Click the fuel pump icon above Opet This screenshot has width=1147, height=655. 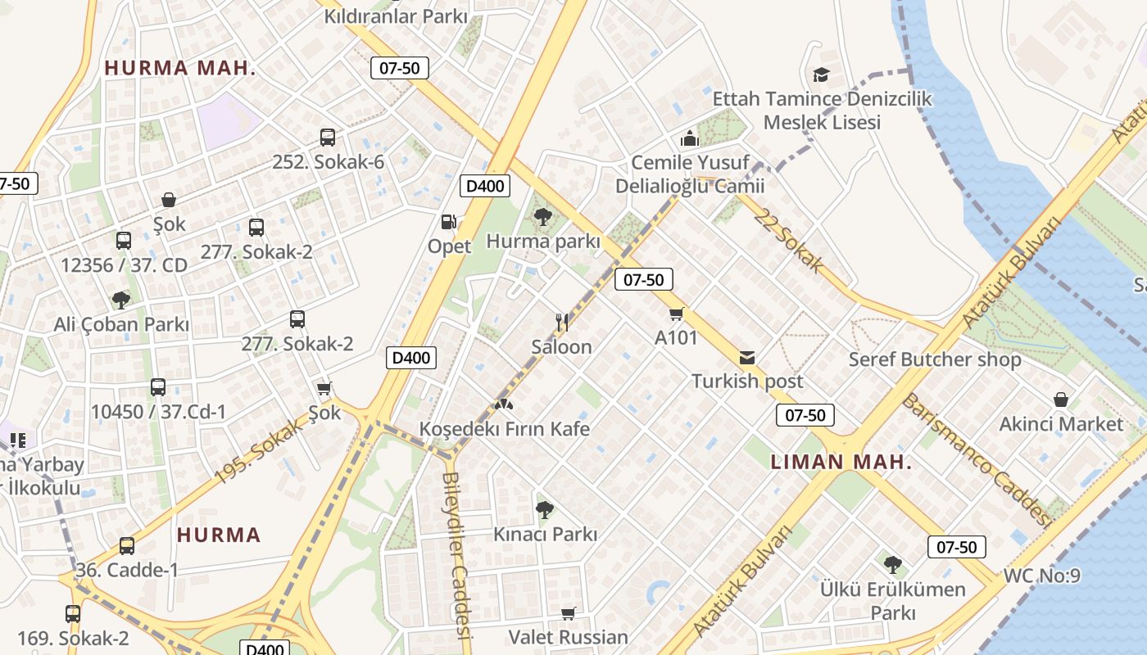[448, 221]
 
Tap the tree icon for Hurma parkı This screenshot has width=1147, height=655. [542, 217]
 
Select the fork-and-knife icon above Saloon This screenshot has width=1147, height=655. [561, 322]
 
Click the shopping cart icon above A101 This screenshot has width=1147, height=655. [676, 314]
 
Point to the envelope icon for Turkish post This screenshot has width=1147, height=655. [747, 358]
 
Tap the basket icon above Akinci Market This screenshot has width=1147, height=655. [1061, 400]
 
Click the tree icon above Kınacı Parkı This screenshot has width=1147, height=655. [544, 510]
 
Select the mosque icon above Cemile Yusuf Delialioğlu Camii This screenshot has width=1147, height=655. [690, 138]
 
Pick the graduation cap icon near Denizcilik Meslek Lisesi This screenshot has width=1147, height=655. [821, 75]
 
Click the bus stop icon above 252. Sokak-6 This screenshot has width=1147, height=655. [328, 138]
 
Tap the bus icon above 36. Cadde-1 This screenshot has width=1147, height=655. [127, 545]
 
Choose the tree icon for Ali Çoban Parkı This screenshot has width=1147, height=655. [121, 300]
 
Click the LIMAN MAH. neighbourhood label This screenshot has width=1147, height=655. [841, 462]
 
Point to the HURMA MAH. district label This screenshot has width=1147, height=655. [180, 68]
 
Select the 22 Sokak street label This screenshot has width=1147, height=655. [789, 240]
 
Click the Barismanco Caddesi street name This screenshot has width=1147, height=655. [975, 459]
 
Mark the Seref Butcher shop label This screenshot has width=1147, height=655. [934, 359]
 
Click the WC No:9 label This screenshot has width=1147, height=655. [1041, 576]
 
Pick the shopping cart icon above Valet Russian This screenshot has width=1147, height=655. [568, 613]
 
